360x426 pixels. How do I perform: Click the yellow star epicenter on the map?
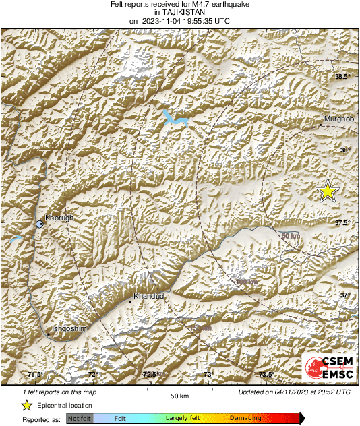tap(328, 191)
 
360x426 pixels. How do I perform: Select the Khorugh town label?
tap(59, 218)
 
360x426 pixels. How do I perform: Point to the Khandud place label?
tap(148, 296)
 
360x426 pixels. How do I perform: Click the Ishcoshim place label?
tap(67, 328)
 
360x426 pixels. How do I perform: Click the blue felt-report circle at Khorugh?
tap(40, 224)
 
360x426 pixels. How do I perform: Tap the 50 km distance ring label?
tap(290, 235)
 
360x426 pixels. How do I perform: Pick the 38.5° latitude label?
tap(342, 77)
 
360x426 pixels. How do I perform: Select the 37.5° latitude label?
tap(342, 222)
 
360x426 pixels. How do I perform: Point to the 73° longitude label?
tap(208, 375)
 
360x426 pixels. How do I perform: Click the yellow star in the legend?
tap(26, 405)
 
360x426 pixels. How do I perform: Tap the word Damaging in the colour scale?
tap(245, 419)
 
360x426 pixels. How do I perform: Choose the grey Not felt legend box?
tap(80, 419)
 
